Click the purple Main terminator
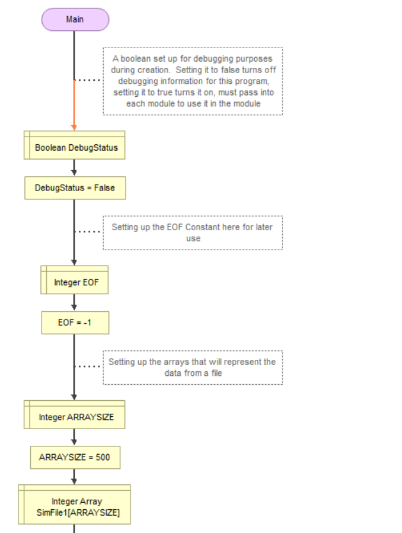pyautogui.click(x=75, y=19)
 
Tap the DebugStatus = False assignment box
pyautogui.click(x=75, y=188)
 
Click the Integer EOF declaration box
pyautogui.click(x=74, y=280)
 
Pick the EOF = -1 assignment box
pyautogui.click(x=75, y=323)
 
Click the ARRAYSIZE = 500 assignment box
pyautogui.click(x=75, y=458)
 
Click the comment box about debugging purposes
pyautogui.click(x=193, y=81)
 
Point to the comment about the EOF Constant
pyautogui.click(x=193, y=233)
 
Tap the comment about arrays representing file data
pyautogui.click(x=193, y=368)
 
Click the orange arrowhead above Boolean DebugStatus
pyautogui.click(x=74, y=127)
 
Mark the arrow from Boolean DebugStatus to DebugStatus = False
pyautogui.click(x=74, y=167)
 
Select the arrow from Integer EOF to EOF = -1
pyautogui.click(x=74, y=303)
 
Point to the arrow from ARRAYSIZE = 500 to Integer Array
pyautogui.click(x=74, y=477)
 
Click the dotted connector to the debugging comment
pyautogui.click(x=88, y=80)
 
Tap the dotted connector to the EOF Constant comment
pyautogui.click(x=88, y=232)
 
